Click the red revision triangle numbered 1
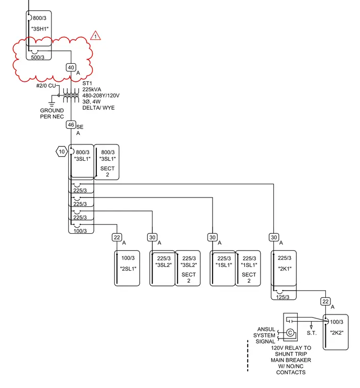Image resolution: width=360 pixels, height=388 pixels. pyautogui.click(x=95, y=36)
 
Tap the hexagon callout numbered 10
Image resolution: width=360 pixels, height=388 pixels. pyautogui.click(x=62, y=152)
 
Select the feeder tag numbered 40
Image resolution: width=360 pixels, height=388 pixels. pyautogui.click(x=71, y=67)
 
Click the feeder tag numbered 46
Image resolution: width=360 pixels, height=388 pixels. pyautogui.click(x=71, y=125)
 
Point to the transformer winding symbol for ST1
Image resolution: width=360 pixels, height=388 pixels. pyautogui.click(x=71, y=95)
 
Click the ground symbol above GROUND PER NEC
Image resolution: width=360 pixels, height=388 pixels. pyautogui.click(x=52, y=104)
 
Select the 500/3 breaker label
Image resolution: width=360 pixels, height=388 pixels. pyautogui.click(x=38, y=57)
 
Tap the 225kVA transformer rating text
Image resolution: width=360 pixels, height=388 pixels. pyautogui.click(x=92, y=89)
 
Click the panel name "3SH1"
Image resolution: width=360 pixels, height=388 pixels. pyautogui.click(x=40, y=29)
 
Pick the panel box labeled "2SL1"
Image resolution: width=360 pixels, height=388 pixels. pyautogui.click(x=127, y=268)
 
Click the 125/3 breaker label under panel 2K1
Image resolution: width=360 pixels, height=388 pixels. pyautogui.click(x=282, y=297)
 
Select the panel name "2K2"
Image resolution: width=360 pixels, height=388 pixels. pyautogui.click(x=337, y=332)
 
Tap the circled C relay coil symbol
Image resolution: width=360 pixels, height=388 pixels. pyautogui.click(x=290, y=332)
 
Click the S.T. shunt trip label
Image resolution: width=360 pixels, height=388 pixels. pyautogui.click(x=312, y=333)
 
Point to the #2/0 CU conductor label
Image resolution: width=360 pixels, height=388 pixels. pyautogui.click(x=46, y=86)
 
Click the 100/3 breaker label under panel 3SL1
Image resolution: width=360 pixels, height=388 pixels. pyautogui.click(x=80, y=231)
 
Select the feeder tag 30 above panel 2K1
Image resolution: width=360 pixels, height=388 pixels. pyautogui.click(x=274, y=237)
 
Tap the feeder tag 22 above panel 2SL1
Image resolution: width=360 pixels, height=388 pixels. pyautogui.click(x=117, y=237)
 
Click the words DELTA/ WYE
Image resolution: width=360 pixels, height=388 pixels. pyautogui.click(x=98, y=108)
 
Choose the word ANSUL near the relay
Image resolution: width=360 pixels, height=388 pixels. pyautogui.click(x=266, y=329)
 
